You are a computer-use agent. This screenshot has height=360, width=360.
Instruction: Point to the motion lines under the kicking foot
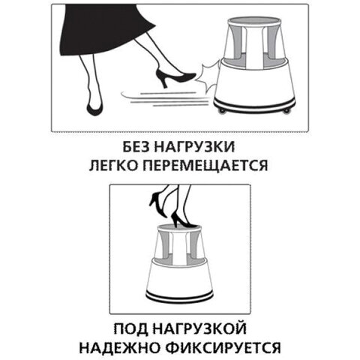point(161,97)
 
